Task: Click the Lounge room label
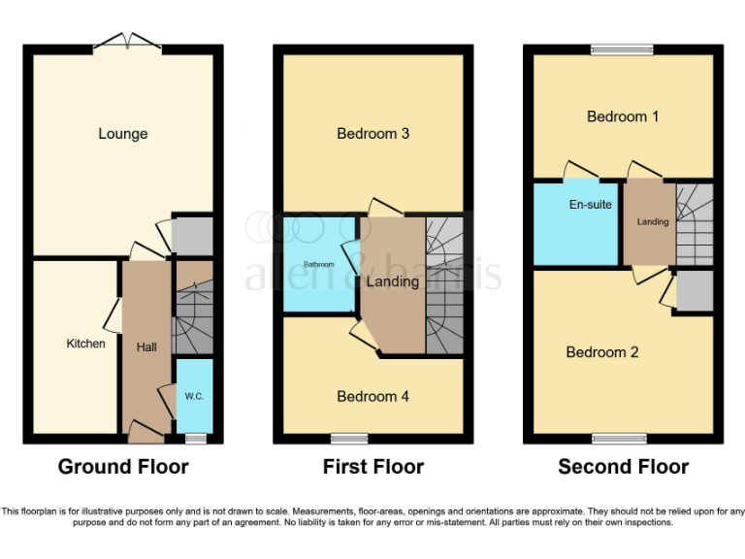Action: tap(122, 133)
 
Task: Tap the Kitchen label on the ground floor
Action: tap(85, 344)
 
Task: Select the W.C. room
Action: tap(194, 396)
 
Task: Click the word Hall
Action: tap(146, 346)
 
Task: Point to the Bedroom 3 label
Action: tap(372, 133)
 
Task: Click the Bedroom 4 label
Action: tap(372, 396)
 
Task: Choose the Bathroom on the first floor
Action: tap(318, 265)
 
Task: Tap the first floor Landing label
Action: tap(392, 281)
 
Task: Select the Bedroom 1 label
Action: tap(623, 116)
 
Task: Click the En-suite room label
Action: tap(590, 206)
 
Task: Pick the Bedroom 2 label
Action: tap(602, 352)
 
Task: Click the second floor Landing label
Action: tap(653, 222)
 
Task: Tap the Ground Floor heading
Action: tap(123, 467)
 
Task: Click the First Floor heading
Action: tap(373, 467)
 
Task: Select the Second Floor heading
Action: tap(623, 467)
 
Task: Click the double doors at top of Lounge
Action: tap(127, 44)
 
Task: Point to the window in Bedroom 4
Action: tap(348, 438)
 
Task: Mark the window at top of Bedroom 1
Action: tap(623, 49)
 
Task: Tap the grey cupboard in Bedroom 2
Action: tap(695, 290)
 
